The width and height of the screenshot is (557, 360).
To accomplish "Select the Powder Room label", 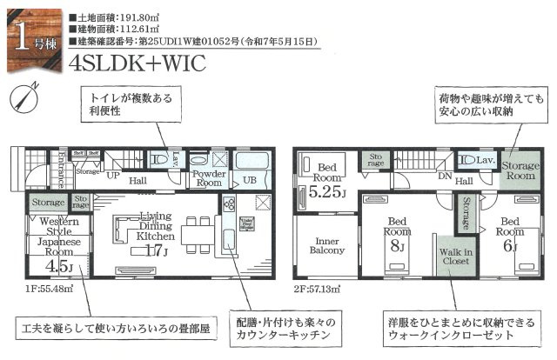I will point(209,178).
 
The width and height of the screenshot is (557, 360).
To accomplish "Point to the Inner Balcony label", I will point(326,244).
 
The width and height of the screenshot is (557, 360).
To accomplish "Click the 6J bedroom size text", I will point(509,245).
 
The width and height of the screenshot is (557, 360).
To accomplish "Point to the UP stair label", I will point(113,174).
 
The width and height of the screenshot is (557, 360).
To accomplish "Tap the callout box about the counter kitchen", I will point(282,328).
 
